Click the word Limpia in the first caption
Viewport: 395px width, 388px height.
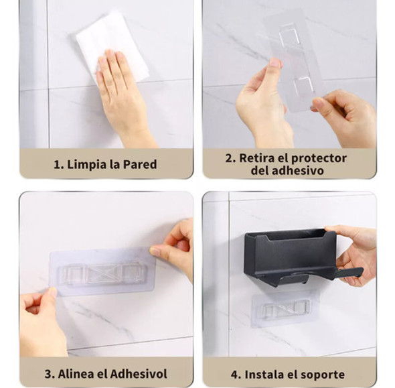(85, 164)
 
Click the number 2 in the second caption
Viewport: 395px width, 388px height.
(229, 158)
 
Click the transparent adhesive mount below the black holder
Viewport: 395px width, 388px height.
(285, 308)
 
